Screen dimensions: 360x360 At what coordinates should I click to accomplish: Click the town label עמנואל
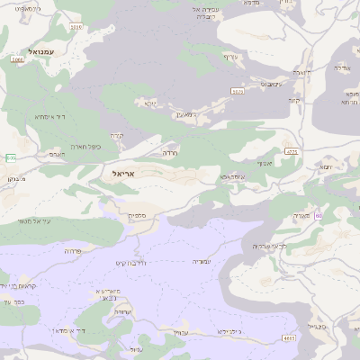41,52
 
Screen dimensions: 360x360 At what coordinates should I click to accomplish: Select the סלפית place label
137,215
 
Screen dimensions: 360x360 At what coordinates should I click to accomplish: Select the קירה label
129,136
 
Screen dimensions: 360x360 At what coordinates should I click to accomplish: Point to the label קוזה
293,100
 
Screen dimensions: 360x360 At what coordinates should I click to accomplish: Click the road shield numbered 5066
17,59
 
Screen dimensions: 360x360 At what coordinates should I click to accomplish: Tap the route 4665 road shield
288,337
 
